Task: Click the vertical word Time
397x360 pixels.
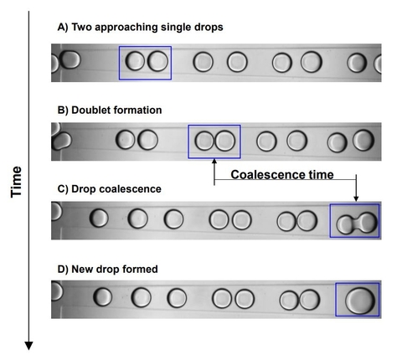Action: tap(16, 180)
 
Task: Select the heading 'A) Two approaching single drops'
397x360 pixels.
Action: tap(140, 27)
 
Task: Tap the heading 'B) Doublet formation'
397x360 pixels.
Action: tap(109, 109)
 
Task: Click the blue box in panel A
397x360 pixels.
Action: tap(145, 63)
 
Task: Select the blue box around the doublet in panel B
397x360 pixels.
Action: tap(214, 141)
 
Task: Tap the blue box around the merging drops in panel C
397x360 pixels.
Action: tap(355, 222)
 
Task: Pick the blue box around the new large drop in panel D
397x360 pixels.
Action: tap(358, 300)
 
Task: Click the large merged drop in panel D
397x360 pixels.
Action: tap(360, 300)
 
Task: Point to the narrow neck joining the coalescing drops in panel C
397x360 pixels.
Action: tap(356, 222)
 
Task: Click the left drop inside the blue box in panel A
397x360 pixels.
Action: tap(135, 61)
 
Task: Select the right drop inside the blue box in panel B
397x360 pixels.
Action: tap(224, 141)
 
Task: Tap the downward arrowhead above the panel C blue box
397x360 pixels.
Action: tap(357, 199)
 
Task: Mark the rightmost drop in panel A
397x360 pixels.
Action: tap(358, 63)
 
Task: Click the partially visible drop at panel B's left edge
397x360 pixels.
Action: tap(57, 138)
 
